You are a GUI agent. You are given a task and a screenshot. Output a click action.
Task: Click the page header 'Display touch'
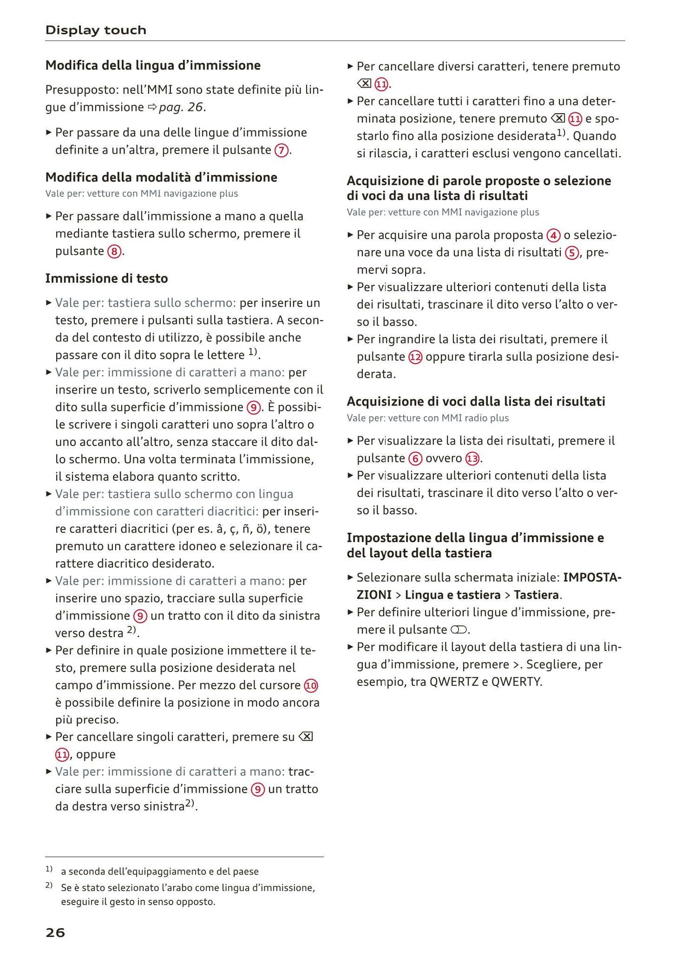coord(96,30)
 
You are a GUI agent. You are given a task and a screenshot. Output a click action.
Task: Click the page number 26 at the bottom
coord(55,933)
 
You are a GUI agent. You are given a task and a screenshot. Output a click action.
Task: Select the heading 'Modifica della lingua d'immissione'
coord(153,65)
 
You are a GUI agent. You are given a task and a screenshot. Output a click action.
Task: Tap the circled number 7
coord(281,151)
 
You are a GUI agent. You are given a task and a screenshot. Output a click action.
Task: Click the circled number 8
coord(114,252)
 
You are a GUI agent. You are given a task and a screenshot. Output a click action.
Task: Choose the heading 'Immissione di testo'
coord(107,278)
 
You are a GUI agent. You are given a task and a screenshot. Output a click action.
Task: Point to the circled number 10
coord(311,686)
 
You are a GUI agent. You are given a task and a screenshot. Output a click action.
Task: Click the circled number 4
coord(553,235)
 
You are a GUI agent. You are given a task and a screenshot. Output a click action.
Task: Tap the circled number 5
coord(571,253)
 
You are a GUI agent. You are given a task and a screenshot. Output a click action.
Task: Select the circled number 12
coord(416,357)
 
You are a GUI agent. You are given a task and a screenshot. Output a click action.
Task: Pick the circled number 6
coord(415,459)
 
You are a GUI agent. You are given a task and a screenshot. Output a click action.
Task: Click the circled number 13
coord(472,459)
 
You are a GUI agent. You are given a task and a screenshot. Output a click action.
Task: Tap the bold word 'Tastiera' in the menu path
coord(536,595)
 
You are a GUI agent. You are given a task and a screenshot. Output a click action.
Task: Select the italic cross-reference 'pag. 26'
coord(180,107)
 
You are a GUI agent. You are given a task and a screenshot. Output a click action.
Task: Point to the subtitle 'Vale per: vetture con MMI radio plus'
coord(428,418)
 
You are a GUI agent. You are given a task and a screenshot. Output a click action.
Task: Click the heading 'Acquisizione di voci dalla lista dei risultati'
coord(476,402)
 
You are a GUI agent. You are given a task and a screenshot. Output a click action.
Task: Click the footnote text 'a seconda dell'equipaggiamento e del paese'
coord(160,872)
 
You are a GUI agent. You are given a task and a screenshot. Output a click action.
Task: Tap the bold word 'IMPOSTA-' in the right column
coord(592,578)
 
